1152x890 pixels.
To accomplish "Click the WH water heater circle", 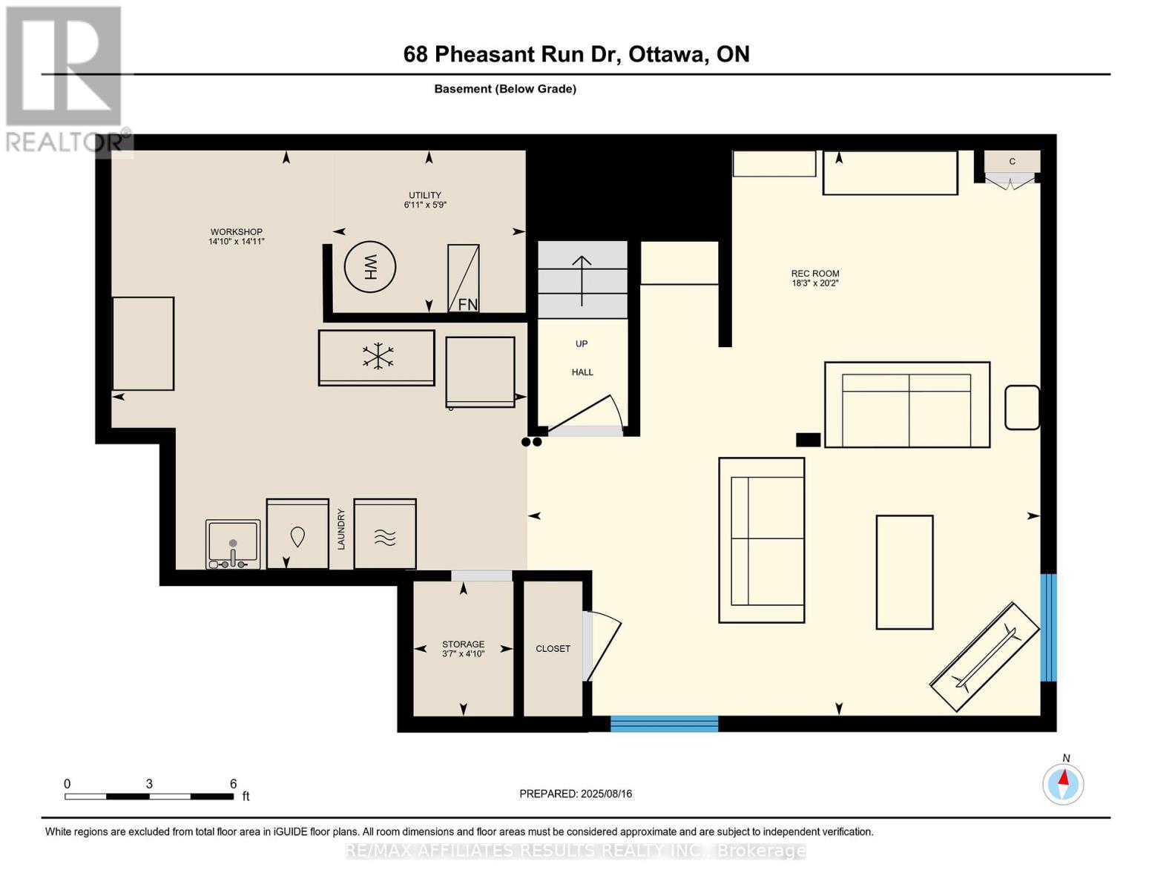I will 370,267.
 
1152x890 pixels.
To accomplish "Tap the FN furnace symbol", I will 464,279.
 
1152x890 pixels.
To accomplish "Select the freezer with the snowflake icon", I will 377,357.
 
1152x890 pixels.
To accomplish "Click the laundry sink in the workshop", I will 233,544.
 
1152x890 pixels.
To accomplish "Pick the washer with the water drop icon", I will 297,534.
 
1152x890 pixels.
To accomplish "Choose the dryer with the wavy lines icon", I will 385,534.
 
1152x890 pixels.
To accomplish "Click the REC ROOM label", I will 814,274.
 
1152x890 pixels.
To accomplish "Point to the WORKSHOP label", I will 236,232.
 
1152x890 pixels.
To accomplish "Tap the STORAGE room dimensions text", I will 463,654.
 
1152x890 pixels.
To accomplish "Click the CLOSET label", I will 553,649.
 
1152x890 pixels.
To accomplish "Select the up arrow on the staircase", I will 582,280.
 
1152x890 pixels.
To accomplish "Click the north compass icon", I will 1063,784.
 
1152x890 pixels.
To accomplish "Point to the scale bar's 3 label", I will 149,784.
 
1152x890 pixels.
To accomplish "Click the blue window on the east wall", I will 1048,627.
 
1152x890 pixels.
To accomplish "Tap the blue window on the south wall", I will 664,724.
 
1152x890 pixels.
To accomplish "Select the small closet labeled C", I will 1012,162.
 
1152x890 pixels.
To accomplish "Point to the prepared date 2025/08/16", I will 606,794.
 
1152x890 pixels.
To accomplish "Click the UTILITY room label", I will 425,196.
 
